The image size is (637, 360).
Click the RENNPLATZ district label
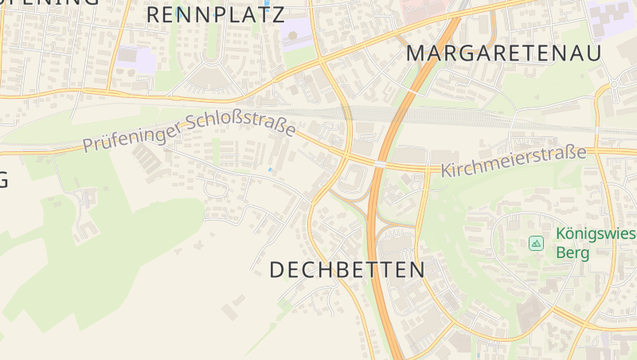pyautogui.click(x=215, y=14)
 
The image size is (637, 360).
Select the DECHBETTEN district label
pyautogui.click(x=347, y=270)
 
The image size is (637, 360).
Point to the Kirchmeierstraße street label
pyautogui.click(x=514, y=162)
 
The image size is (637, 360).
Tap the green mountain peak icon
pyautogui.click(x=537, y=242)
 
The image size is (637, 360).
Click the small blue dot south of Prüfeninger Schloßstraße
pyautogui.click(x=270, y=170)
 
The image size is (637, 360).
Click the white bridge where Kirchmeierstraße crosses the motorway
pyautogui.click(x=380, y=164)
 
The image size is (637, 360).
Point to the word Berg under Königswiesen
pyautogui.click(x=573, y=253)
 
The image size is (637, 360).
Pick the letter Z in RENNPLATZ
pyautogui.click(x=277, y=14)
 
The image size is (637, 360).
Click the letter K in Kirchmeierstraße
pyautogui.click(x=446, y=170)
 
